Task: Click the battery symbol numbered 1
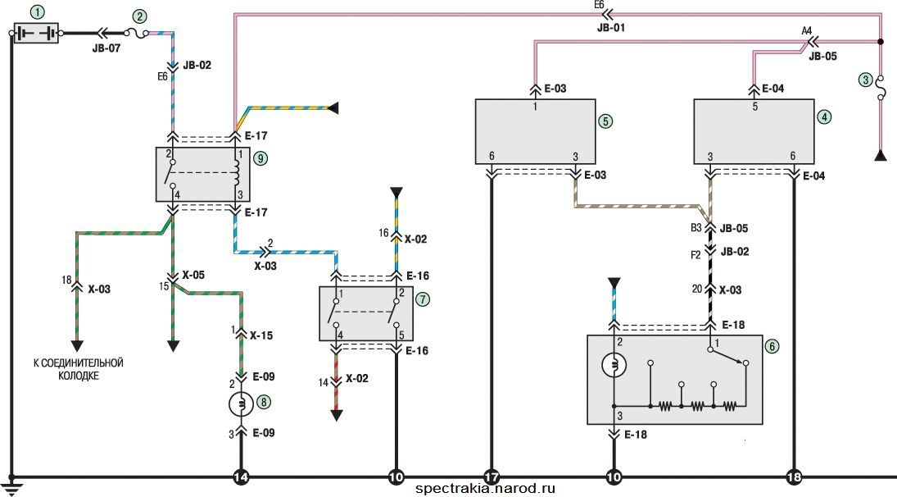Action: pyautogui.click(x=35, y=33)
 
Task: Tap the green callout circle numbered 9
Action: pyautogui.click(x=260, y=157)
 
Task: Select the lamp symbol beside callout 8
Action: pyautogui.click(x=241, y=404)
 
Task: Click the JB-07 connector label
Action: pyautogui.click(x=106, y=48)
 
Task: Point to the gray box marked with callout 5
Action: pyautogui.click(x=536, y=132)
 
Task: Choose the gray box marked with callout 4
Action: pyautogui.click(x=754, y=132)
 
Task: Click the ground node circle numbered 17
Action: pyautogui.click(x=491, y=476)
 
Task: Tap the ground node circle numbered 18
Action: pyautogui.click(x=794, y=476)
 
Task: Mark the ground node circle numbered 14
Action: pyautogui.click(x=242, y=476)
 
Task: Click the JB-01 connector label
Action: pyautogui.click(x=611, y=27)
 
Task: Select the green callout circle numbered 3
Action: pyautogui.click(x=867, y=80)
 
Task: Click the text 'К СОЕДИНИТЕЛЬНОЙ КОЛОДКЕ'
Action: pyautogui.click(x=79, y=369)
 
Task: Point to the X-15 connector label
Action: pyautogui.click(x=261, y=335)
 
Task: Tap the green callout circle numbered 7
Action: pyautogui.click(x=422, y=299)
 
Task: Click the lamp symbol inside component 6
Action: pyautogui.click(x=614, y=365)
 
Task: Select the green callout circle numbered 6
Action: pyautogui.click(x=772, y=346)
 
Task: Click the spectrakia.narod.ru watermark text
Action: pyautogui.click(x=485, y=489)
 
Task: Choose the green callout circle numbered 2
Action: pyautogui.click(x=139, y=16)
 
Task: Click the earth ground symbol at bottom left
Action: pyautogui.click(x=11, y=486)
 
